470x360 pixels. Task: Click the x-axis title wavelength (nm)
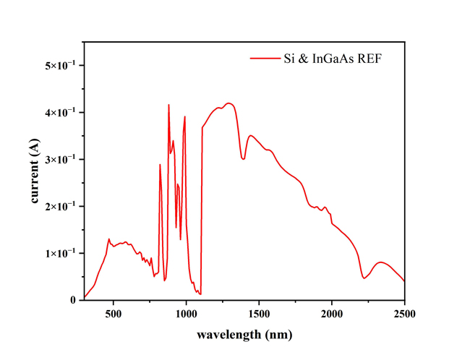click(244, 335)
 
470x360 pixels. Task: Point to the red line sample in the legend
click(265, 58)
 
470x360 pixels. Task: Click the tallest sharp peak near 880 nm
click(168, 105)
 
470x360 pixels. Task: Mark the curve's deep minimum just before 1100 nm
click(200, 293)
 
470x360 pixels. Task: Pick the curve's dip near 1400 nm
click(244, 158)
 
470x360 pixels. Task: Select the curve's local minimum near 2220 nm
click(364, 278)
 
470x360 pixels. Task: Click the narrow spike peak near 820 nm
click(160, 165)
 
